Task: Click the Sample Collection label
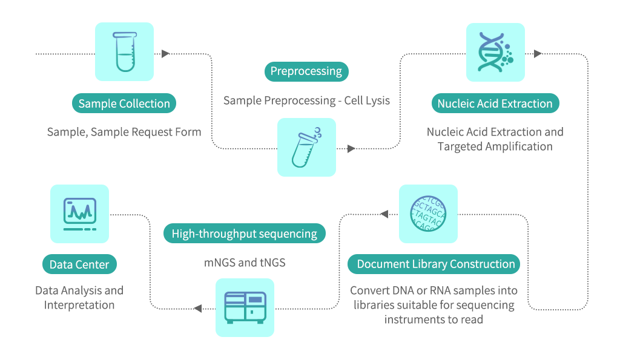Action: pyautogui.click(x=124, y=103)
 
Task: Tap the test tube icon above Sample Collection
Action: pyautogui.click(x=124, y=52)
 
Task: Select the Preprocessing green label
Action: pyautogui.click(x=306, y=71)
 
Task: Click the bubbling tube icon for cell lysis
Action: pyautogui.click(x=306, y=148)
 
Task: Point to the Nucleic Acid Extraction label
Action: pyautogui.click(x=495, y=103)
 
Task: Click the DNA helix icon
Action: pyautogui.click(x=495, y=52)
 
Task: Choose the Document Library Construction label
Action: pyautogui.click(x=435, y=264)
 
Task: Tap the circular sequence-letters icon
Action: pyautogui.click(x=428, y=214)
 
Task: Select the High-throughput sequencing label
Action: pyautogui.click(x=245, y=234)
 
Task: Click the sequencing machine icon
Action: pyautogui.click(x=245, y=307)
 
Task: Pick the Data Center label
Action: pyautogui.click(x=79, y=264)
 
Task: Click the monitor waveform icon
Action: pyautogui.click(x=79, y=214)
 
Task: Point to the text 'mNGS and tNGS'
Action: pyautogui.click(x=245, y=263)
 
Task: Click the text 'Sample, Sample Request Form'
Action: pyautogui.click(x=124, y=132)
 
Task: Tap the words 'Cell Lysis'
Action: pyautogui.click(x=367, y=100)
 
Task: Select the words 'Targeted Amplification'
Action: pyautogui.click(x=495, y=146)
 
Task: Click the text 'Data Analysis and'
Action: pyautogui.click(x=79, y=290)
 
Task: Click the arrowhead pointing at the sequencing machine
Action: pyautogui.click(x=197, y=309)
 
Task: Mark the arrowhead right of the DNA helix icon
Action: pyautogui.click(x=538, y=54)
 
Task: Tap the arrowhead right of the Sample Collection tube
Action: pyautogui.click(x=165, y=54)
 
